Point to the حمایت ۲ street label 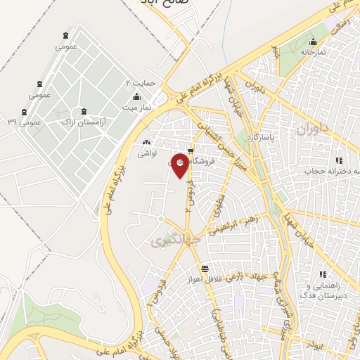[x=138, y=83]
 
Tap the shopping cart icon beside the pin [x=191, y=149]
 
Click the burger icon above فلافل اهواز [x=204, y=269]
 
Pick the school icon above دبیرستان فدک [x=323, y=274]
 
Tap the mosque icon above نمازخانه [x=312, y=41]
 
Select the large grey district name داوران [x=312, y=129]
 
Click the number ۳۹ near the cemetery [x=12, y=122]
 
